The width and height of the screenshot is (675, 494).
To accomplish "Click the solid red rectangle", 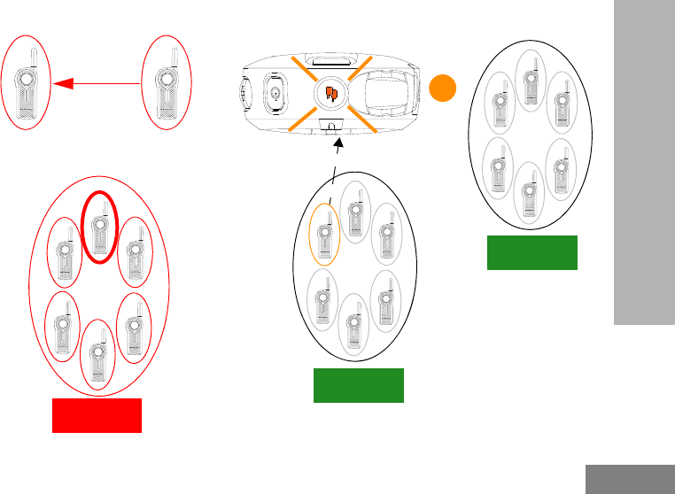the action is (x=97, y=415).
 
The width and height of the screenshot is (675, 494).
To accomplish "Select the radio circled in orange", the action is (x=324, y=236).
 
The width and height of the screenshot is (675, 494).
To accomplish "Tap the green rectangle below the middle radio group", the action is (x=359, y=386).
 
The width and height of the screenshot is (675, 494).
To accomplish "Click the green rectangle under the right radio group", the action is (x=531, y=252).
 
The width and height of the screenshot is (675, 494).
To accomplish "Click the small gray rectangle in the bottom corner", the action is (x=629, y=479).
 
